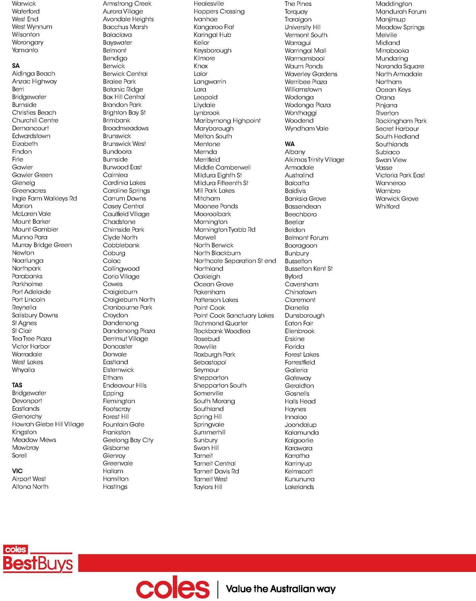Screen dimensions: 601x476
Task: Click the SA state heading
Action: pos(16,66)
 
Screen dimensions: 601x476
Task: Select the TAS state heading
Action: pos(17,385)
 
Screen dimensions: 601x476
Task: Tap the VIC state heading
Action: pos(17,471)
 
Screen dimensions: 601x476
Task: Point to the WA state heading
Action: pos(290,144)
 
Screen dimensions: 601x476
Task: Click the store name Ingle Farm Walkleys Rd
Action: pos(44,198)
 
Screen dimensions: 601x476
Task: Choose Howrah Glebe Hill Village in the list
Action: pos(48,424)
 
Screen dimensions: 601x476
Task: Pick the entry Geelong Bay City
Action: pos(128,440)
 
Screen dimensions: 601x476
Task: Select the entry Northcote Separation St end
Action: pos(235,261)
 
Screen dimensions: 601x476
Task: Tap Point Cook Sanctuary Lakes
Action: pos(234,315)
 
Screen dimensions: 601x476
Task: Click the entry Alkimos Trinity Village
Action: pos(315,160)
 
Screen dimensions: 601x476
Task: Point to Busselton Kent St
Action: pos(309,269)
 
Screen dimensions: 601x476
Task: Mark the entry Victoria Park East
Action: pos(400,175)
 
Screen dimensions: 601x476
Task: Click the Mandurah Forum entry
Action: pos(401,12)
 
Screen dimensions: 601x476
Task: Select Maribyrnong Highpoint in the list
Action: pos(227,120)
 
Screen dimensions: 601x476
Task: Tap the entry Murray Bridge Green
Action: pos(42,245)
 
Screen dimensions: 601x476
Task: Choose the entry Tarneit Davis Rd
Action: pos(216,471)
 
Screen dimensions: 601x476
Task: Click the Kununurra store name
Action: pos(299,479)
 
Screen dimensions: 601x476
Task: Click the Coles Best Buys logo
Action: pos(38,559)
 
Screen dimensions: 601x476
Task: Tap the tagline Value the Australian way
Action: pos(281,589)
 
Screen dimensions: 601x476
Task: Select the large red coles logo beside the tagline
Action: pos(173,589)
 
